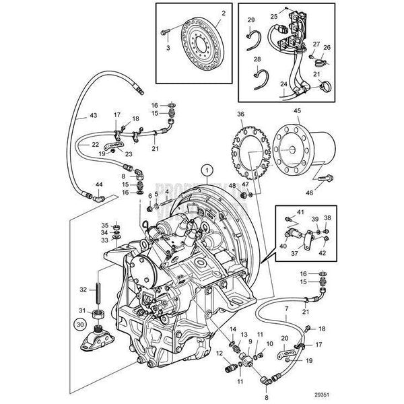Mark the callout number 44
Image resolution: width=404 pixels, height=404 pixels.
(x=99, y=184)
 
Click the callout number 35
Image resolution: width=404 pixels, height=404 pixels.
(x=104, y=224)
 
